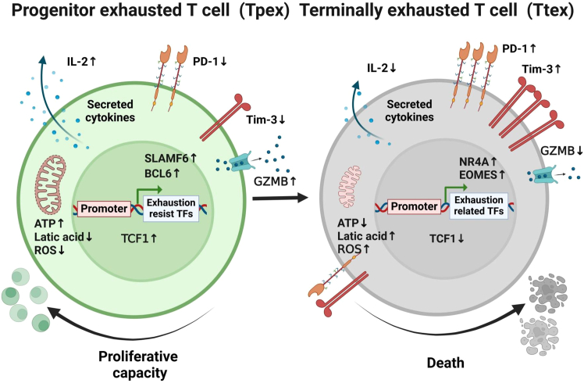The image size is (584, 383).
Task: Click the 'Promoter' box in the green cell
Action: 104,209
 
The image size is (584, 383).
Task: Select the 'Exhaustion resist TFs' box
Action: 171,209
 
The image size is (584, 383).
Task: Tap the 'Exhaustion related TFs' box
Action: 479,206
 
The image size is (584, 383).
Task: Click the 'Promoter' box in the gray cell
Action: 414,206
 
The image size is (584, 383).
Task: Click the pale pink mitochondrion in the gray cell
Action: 350,187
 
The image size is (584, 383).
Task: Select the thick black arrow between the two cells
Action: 280,198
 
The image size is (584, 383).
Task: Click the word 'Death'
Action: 446,363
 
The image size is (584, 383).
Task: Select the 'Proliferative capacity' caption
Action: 138,364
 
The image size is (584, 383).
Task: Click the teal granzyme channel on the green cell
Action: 241,163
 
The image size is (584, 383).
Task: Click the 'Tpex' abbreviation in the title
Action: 265,10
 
